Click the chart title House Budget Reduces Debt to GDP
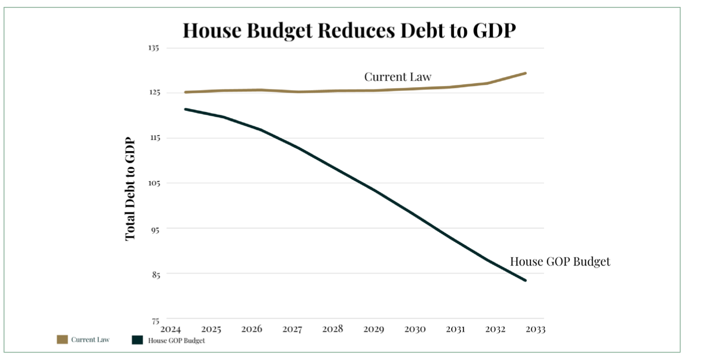[x=348, y=30]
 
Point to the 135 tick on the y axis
[x=155, y=48]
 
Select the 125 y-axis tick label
[x=155, y=93]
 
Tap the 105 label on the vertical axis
[x=155, y=183]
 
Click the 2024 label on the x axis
[x=171, y=329]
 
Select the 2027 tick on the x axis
[x=293, y=329]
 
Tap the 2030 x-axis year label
[x=415, y=329]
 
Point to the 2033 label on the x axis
[x=536, y=329]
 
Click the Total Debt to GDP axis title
[x=130, y=189]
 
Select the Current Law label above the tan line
[x=398, y=77]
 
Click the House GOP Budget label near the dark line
[x=560, y=262]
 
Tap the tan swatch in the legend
[x=62, y=340]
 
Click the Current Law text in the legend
[x=90, y=340]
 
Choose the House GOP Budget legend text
[x=177, y=340]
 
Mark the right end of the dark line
[x=526, y=280]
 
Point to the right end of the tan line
[x=526, y=73]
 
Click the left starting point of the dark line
[x=185, y=109]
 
